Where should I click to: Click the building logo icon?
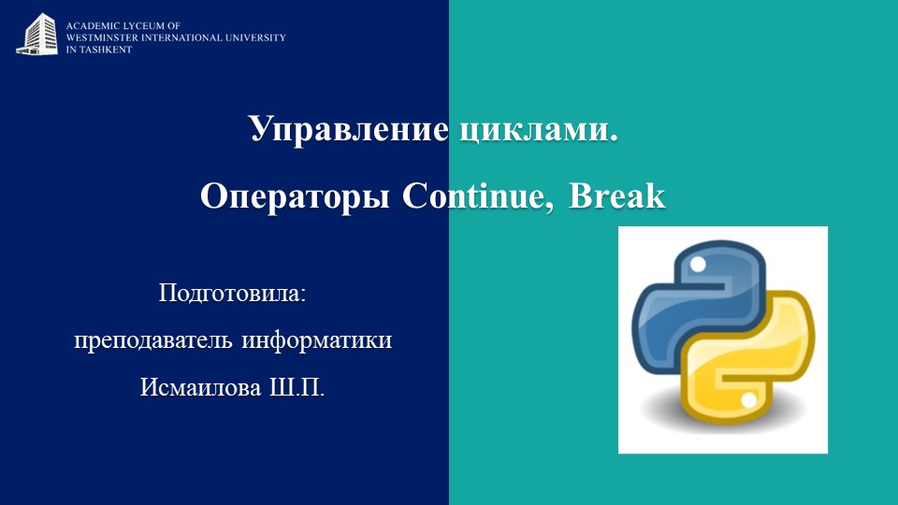point(36,33)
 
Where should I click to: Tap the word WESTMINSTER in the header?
point(99,38)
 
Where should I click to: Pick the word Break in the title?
point(617,196)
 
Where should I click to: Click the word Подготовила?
point(233,293)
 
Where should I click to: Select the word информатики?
point(317,339)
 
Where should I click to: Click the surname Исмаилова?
point(201,387)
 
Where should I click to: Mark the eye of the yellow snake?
point(748,400)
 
